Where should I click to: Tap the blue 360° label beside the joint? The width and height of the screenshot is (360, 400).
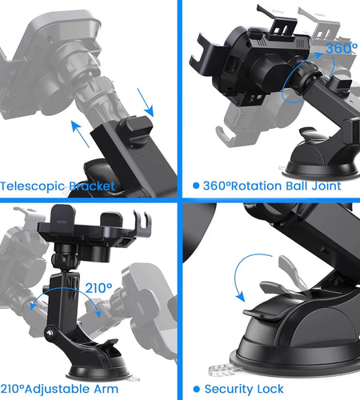(x=319, y=49)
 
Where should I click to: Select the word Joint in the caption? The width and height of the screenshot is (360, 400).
(x=326, y=186)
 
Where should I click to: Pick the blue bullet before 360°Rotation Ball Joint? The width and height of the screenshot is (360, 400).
(x=196, y=186)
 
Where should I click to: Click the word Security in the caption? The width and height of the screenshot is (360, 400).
(x=232, y=389)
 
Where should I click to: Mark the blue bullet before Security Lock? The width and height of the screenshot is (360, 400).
(x=196, y=389)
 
